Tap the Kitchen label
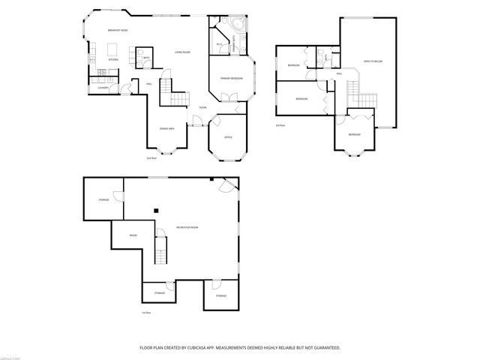pyautogui.click(x=113, y=58)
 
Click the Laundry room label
pyautogui.click(x=103, y=86)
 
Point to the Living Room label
pyautogui.click(x=181, y=52)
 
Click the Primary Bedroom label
pyautogui.click(x=230, y=78)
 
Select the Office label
pyautogui.click(x=229, y=137)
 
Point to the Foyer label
pyautogui.click(x=202, y=108)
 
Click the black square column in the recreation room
pyautogui.click(x=157, y=211)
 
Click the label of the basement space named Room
pyautogui.click(x=133, y=235)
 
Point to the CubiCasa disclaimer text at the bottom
pyautogui.click(x=240, y=347)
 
